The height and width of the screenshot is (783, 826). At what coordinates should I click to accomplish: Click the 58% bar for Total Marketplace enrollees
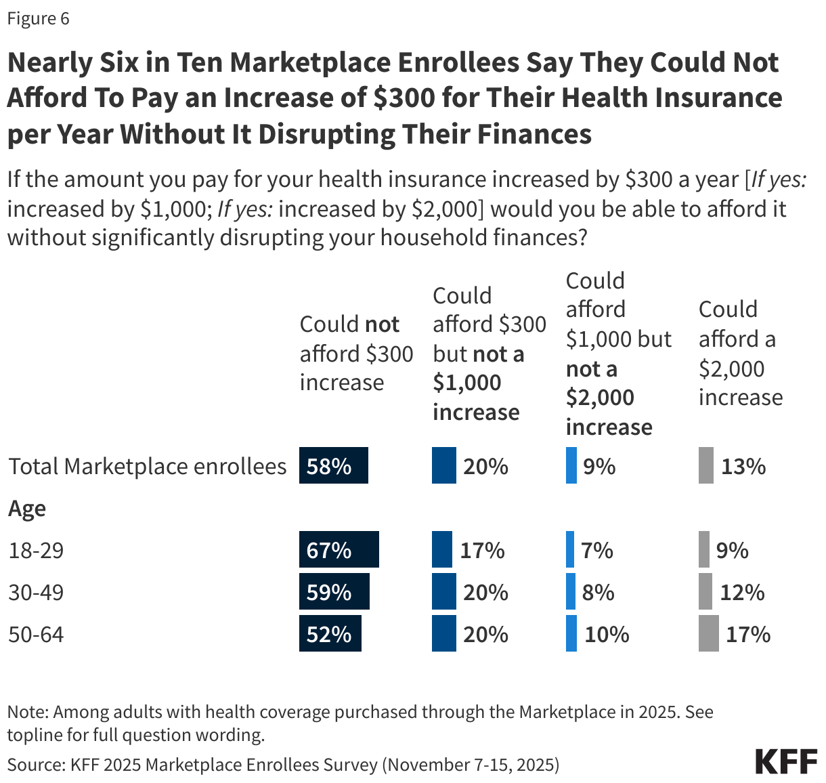(x=333, y=465)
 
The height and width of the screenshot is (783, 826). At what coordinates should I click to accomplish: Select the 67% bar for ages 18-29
(x=339, y=549)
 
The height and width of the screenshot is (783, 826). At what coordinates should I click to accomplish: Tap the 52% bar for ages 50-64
(x=330, y=633)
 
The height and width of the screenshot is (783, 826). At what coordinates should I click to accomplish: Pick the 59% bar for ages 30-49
(x=334, y=591)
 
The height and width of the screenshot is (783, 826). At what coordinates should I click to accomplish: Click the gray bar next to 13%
(x=705, y=465)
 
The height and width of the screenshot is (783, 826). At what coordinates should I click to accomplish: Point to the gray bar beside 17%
(x=708, y=633)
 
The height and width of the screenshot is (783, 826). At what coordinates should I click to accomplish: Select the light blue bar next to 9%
(x=571, y=465)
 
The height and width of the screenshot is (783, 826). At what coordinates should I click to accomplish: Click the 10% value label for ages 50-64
(x=607, y=634)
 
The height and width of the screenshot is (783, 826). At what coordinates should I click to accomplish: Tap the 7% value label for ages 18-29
(x=597, y=550)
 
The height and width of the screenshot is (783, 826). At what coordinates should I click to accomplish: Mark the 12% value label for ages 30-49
(x=742, y=593)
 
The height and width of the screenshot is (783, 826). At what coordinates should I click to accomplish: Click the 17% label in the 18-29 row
(x=482, y=550)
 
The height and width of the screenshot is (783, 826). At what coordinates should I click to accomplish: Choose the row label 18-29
(x=36, y=550)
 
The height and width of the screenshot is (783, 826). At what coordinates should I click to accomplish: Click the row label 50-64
(x=36, y=634)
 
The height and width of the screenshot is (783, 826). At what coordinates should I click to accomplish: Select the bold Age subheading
(x=27, y=508)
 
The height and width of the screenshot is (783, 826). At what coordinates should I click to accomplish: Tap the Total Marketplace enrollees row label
(x=147, y=466)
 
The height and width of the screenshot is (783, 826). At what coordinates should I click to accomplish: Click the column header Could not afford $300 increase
(x=356, y=353)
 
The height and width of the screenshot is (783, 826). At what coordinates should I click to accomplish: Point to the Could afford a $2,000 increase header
(x=740, y=353)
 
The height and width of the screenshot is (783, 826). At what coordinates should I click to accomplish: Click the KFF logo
(x=785, y=761)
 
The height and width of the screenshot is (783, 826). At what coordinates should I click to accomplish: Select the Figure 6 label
(x=38, y=18)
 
